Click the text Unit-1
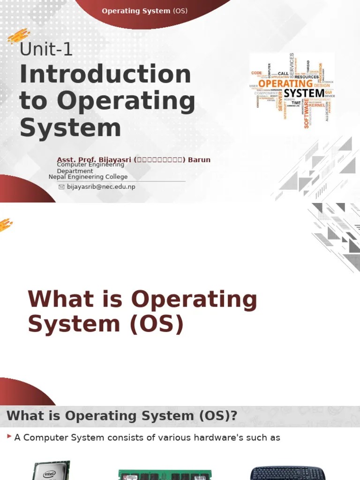(46, 50)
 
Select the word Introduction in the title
(105, 75)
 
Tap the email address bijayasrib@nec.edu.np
(101, 187)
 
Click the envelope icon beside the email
(61, 187)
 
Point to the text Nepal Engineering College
(88, 177)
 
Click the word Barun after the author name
(199, 160)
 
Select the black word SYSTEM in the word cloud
(304, 93)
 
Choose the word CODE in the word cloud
(256, 73)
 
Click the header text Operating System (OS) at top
(144, 11)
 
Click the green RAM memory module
(165, 474)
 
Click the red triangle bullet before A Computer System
(9, 436)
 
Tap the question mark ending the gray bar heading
(233, 416)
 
